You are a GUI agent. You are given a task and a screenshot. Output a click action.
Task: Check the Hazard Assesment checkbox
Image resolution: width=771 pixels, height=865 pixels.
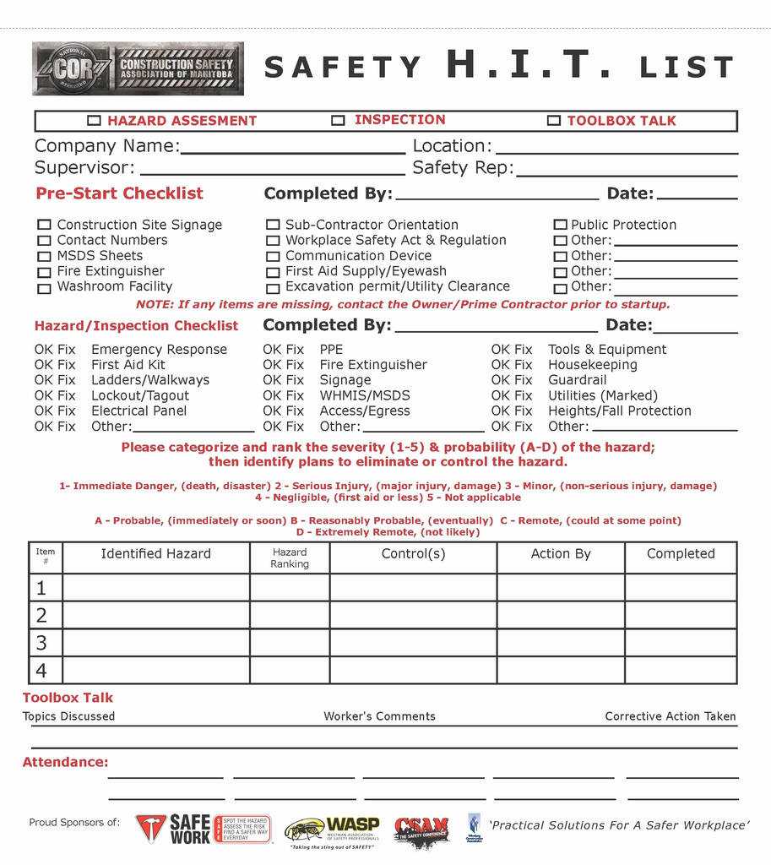94,121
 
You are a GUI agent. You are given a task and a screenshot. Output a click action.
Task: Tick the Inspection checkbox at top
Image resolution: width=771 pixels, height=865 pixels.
338,121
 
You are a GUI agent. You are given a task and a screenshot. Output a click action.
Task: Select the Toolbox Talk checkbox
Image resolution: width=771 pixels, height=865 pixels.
554,121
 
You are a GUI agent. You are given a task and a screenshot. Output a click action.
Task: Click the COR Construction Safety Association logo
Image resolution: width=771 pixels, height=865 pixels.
138,68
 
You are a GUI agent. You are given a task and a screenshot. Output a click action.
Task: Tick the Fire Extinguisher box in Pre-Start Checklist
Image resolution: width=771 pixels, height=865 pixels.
44,272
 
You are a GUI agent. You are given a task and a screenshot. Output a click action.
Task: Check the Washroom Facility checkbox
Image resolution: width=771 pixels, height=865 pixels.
44,288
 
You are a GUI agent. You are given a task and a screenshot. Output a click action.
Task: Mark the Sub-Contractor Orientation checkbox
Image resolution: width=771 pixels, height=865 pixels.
273,226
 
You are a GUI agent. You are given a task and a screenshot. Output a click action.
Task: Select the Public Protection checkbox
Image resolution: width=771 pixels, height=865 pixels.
560,226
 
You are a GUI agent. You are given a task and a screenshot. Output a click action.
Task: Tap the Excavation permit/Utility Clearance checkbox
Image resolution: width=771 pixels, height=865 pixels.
273,288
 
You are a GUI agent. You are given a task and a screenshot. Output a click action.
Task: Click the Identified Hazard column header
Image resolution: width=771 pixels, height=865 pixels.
156,554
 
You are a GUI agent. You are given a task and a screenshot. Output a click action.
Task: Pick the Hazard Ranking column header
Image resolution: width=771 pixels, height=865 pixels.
290,558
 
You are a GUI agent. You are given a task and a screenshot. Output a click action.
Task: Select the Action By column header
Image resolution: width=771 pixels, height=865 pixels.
561,554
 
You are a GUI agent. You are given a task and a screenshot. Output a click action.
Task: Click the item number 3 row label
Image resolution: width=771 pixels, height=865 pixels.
42,643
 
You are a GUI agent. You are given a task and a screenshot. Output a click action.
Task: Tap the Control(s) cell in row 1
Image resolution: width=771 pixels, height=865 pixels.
413,587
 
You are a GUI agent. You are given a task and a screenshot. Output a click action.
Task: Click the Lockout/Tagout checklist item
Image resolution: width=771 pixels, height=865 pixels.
140,395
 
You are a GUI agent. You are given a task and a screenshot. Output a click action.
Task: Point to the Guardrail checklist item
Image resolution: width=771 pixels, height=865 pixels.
578,380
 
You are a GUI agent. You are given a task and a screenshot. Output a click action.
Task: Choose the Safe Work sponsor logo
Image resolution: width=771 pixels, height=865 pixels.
203,829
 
